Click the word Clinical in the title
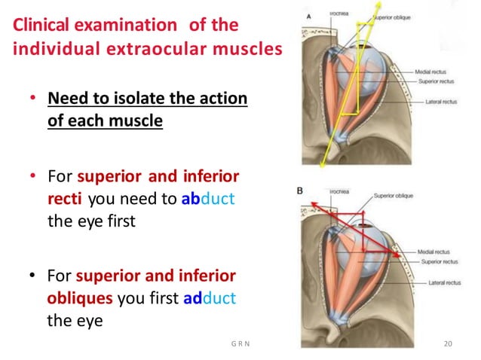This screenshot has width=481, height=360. click(x=43, y=25)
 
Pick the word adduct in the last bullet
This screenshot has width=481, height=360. click(x=210, y=298)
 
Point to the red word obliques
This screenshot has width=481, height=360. click(x=80, y=298)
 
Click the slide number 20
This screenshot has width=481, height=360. click(x=448, y=345)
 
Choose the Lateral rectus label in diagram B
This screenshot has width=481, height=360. click(x=442, y=283)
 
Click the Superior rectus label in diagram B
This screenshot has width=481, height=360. click(x=442, y=261)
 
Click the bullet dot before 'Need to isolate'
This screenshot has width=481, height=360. click(x=32, y=101)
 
